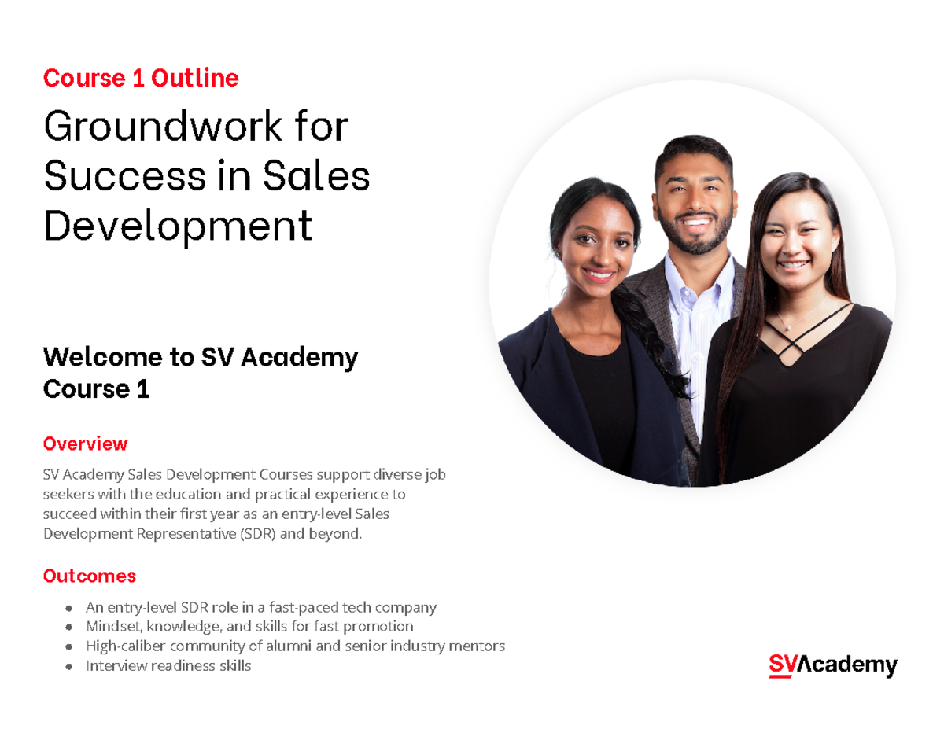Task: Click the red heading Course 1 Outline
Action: click(141, 78)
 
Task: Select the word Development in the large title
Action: click(178, 226)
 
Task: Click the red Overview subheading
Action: click(85, 444)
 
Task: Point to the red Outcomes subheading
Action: click(89, 576)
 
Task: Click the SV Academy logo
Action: click(833, 665)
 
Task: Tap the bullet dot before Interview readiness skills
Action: click(70, 667)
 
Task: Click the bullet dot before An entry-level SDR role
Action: click(70, 609)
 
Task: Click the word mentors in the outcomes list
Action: click(478, 646)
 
